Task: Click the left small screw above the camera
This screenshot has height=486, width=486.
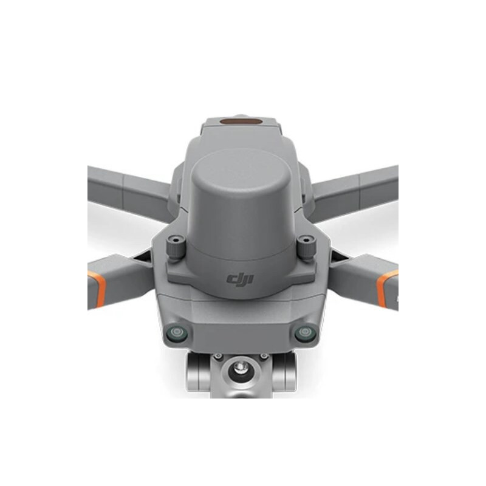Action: (216, 356)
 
